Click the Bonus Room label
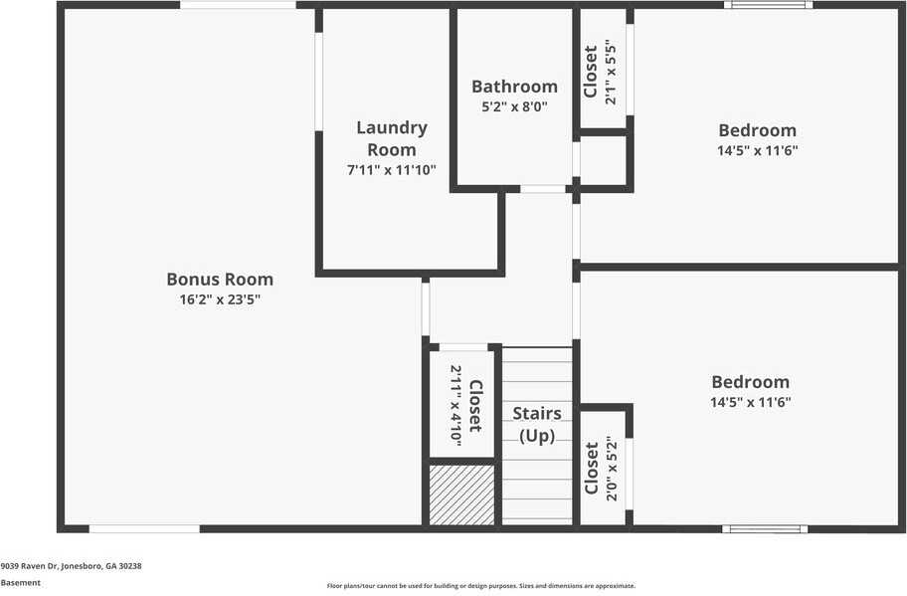pos(220,279)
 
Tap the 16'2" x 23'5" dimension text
pos(220,299)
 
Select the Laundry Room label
pos(392,138)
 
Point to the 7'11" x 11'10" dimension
pos(392,170)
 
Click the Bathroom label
pos(514,87)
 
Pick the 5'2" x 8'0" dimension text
pos(514,107)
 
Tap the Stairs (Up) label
pos(537,424)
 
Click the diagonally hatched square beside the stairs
pos(461,496)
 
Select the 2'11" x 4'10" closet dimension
pos(455,406)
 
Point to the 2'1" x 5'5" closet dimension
pos(611,73)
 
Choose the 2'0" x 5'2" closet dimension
pos(612,469)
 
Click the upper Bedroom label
pos(757,130)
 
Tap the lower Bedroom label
pos(750,382)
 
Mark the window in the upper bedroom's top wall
pos(768,5)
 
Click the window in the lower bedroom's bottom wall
pos(765,529)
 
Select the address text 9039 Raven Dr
pos(30,566)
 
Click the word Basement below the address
pos(21,583)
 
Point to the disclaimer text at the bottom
pos(481,586)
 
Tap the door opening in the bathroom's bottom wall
pos(543,189)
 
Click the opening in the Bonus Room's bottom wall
pos(144,529)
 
